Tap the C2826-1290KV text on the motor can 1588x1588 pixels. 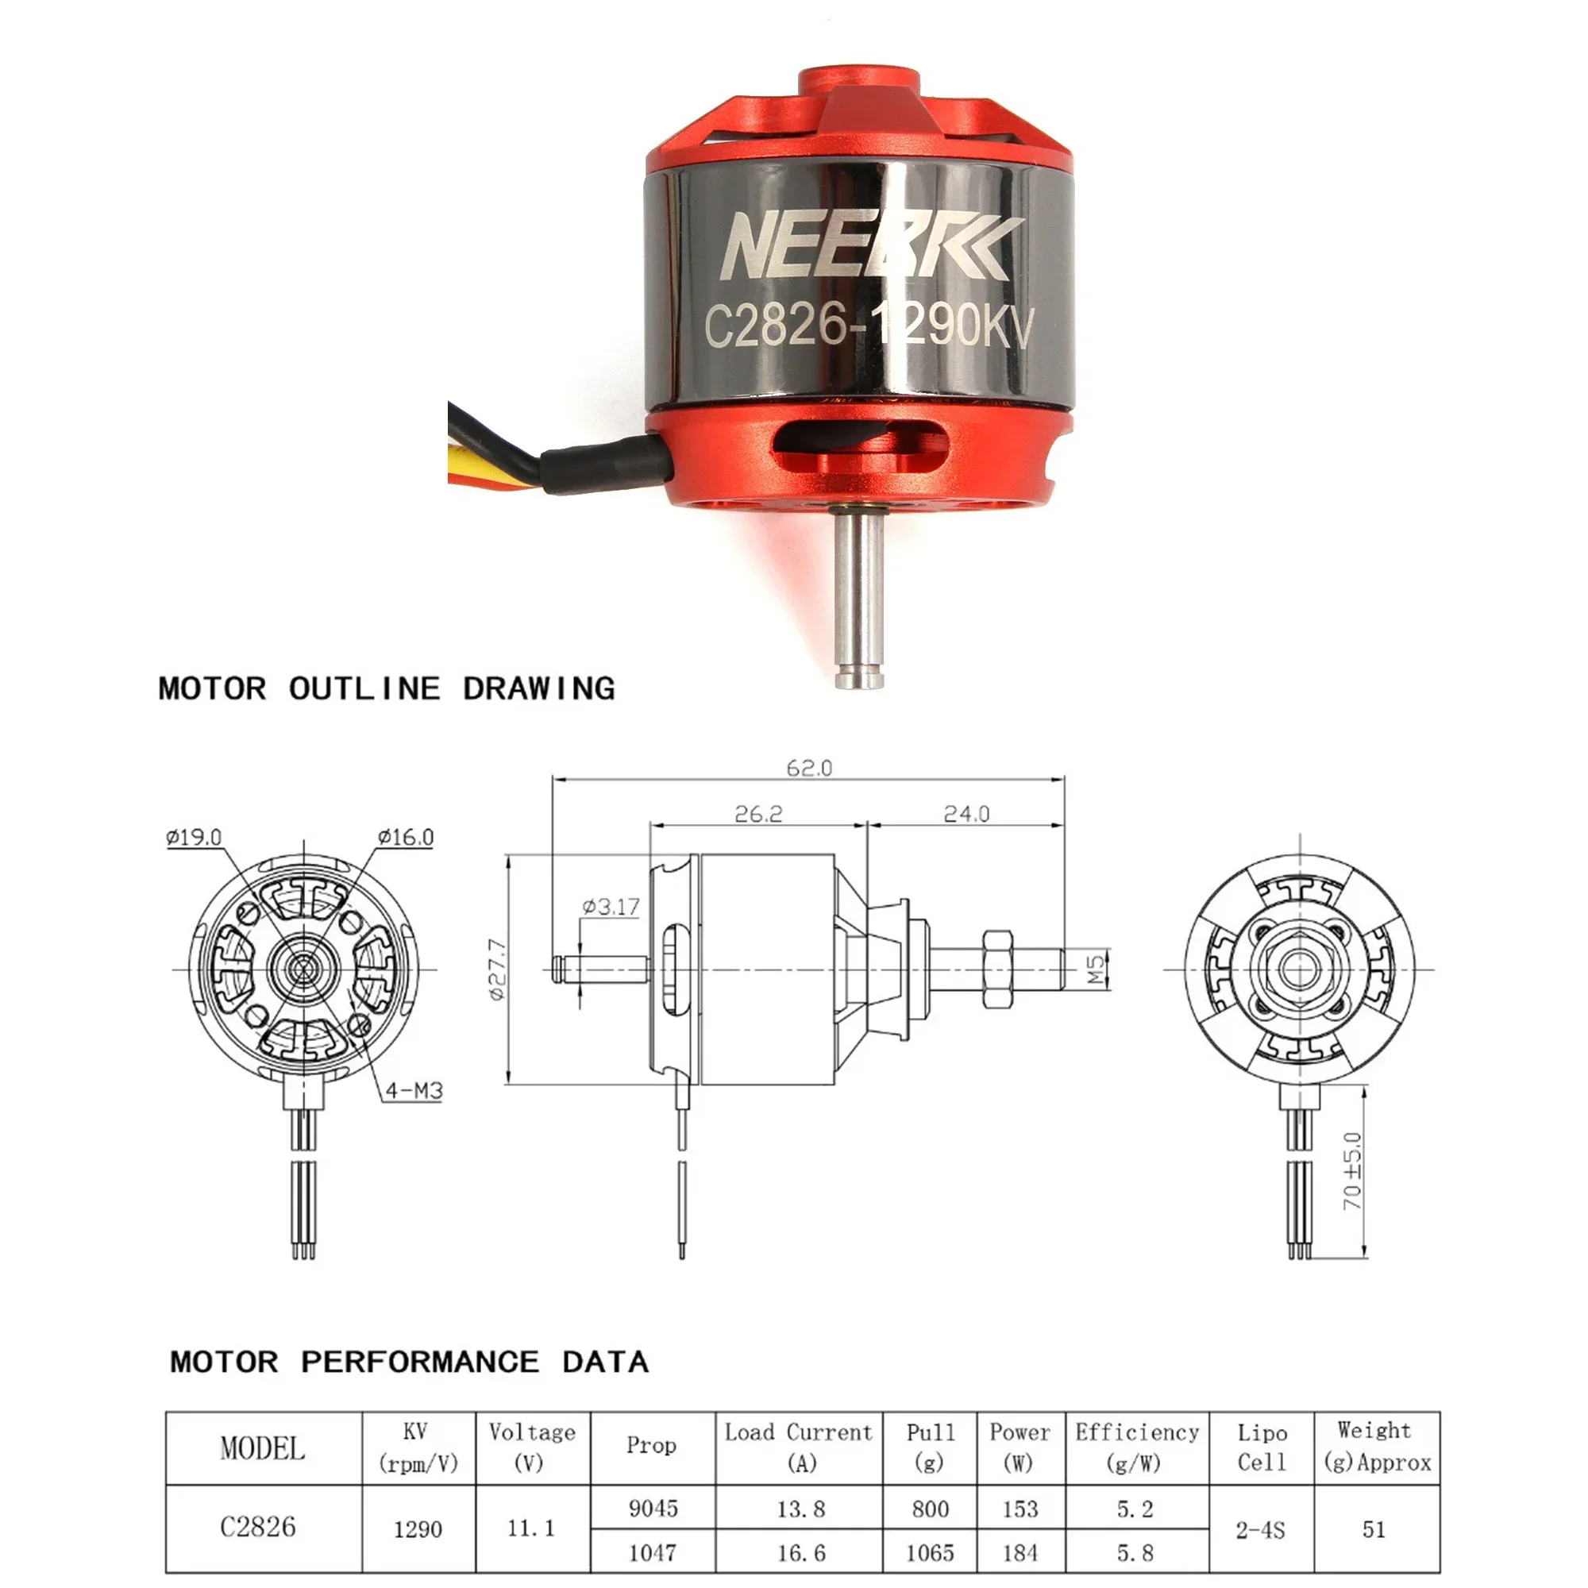[868, 325]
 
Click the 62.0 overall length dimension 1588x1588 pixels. [809, 768]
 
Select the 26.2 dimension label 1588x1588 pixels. [757, 814]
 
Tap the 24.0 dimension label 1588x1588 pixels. [966, 814]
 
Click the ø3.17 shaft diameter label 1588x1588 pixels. [611, 907]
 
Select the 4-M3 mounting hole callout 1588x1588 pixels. [414, 1091]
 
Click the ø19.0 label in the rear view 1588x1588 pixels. [193, 837]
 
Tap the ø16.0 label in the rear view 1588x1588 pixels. [405, 837]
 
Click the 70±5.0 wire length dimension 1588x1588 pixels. [1353, 1170]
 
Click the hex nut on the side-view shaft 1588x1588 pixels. [997, 970]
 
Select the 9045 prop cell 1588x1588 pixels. [653, 1509]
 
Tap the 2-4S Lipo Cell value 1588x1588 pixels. [1260, 1530]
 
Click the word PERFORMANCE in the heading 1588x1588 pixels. [419, 1362]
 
